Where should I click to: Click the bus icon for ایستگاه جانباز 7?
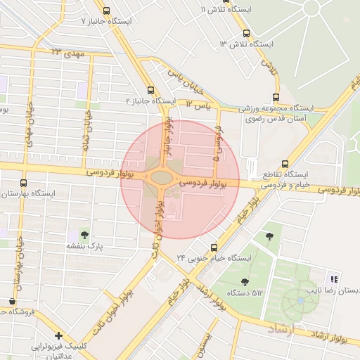click(106, 11)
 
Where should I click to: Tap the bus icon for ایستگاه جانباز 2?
click(150, 90)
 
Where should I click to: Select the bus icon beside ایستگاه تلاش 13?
click(245, 33)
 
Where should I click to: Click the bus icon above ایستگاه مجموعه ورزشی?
click(276, 98)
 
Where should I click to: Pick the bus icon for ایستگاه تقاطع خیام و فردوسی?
click(284, 162)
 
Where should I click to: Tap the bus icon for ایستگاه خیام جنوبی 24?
click(214, 247)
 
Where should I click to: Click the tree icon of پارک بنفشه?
click(85, 235)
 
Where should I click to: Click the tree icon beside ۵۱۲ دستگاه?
click(244, 282)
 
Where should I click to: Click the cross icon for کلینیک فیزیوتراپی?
click(58, 335)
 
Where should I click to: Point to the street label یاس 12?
click(198, 105)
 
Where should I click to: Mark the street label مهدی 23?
click(67, 53)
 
